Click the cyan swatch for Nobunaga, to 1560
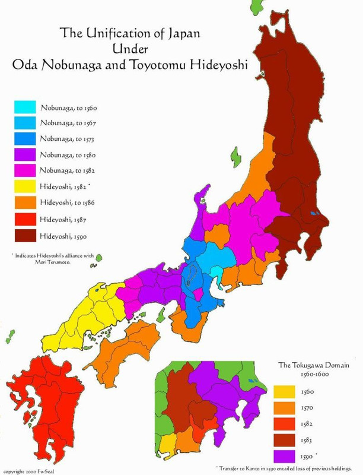click(26, 108)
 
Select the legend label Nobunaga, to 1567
click(68, 123)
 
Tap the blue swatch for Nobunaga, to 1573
click(26, 140)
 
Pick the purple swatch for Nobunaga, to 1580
click(26, 155)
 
